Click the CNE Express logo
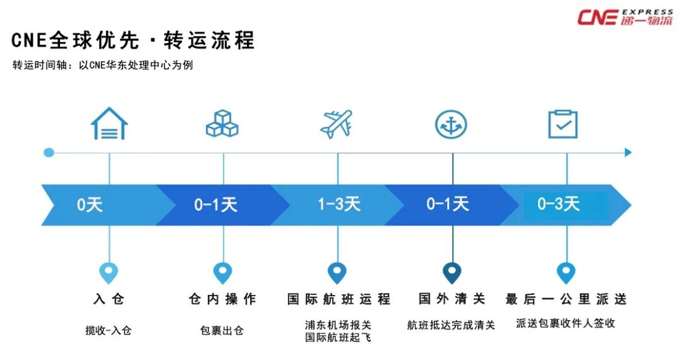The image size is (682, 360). click(x=625, y=17)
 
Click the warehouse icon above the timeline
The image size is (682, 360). click(x=109, y=123)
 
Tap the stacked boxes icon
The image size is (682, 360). click(x=222, y=124)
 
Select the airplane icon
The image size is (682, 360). click(x=337, y=124)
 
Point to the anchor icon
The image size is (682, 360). click(x=451, y=124)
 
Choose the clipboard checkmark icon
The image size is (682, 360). click(x=563, y=124)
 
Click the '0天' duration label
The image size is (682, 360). click(x=90, y=205)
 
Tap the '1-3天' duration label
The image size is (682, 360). click(x=339, y=204)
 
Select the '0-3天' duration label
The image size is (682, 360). click(x=558, y=204)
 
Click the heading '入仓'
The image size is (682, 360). click(x=109, y=299)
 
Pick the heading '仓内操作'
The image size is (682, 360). click(x=222, y=299)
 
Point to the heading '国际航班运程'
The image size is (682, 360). click(x=338, y=299)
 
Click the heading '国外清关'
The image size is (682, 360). click(x=452, y=299)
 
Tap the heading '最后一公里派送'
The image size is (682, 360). click(x=566, y=299)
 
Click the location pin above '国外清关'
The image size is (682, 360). click(x=452, y=272)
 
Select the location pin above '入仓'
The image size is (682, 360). click(x=109, y=273)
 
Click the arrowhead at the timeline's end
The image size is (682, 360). click(x=628, y=152)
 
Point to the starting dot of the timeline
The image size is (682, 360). click(x=49, y=152)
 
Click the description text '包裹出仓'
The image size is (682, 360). click(x=222, y=330)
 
